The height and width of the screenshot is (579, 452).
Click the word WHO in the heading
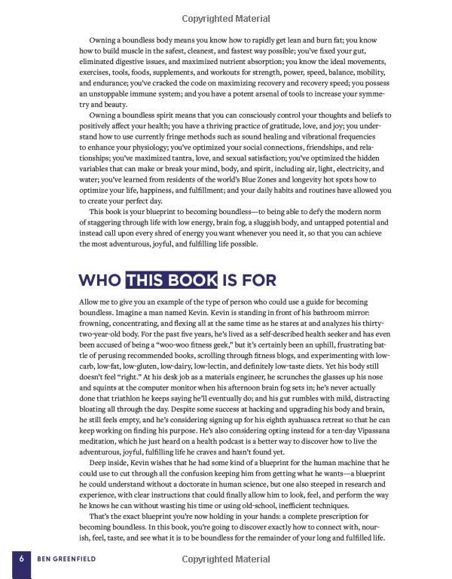(x=100, y=280)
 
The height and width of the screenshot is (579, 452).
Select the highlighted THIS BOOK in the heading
(x=172, y=280)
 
